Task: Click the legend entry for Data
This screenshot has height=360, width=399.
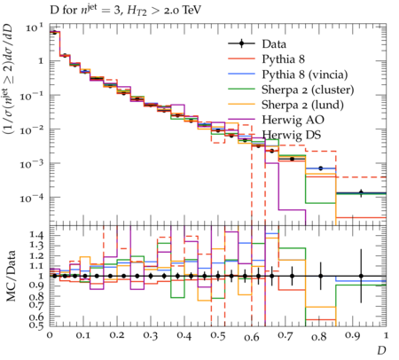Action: [x=274, y=44]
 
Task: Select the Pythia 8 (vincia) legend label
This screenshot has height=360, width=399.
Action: [x=305, y=74]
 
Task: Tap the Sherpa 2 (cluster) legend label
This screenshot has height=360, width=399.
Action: [x=308, y=90]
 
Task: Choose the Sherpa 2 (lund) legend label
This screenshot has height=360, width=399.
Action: [x=302, y=105]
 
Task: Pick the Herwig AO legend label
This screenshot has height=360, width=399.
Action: [x=293, y=120]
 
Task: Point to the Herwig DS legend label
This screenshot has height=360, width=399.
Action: [x=292, y=135]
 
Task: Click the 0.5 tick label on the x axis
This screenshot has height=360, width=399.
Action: [x=218, y=336]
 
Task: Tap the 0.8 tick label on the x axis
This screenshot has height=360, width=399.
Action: [x=319, y=336]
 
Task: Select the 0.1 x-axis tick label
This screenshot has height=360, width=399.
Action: [x=83, y=336]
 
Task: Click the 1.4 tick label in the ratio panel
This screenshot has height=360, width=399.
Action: [x=36, y=235]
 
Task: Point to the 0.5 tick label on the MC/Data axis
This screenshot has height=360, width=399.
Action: [x=36, y=325]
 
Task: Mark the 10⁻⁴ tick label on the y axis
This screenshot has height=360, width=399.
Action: [x=32, y=197]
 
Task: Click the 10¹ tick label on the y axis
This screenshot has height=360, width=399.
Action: [x=35, y=28]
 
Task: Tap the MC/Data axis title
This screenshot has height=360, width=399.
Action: [x=11, y=276]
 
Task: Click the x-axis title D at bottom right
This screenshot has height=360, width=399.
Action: [x=381, y=350]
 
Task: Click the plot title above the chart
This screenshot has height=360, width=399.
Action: [x=125, y=10]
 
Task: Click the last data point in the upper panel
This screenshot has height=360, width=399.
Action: [x=361, y=192]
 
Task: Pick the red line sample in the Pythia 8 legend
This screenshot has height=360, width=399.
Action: [x=241, y=59]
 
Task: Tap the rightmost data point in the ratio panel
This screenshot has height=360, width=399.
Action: [x=361, y=276]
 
